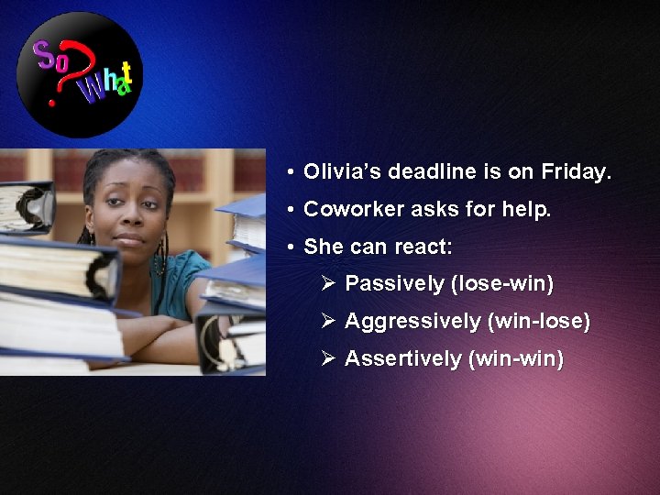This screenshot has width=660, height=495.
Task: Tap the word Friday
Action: click(x=576, y=171)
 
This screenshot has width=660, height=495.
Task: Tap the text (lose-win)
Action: click(x=502, y=284)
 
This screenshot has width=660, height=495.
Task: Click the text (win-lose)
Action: click(x=540, y=322)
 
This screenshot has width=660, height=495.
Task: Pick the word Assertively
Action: click(x=402, y=358)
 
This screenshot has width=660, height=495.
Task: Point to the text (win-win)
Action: click(x=516, y=358)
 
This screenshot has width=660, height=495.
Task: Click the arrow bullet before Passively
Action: click(x=328, y=283)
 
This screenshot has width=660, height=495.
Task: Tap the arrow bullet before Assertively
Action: click(x=328, y=357)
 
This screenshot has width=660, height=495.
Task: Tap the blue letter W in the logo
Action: click(x=92, y=92)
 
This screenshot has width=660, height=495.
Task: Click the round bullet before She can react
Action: click(x=289, y=247)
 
